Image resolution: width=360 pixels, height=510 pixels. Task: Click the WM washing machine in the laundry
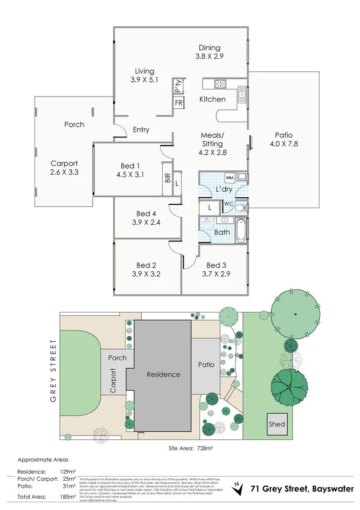pos(229,177)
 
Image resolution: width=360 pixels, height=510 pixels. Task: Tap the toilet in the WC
pos(242,207)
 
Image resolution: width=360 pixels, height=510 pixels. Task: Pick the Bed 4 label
pos(146,214)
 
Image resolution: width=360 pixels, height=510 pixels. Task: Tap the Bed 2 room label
pos(146,265)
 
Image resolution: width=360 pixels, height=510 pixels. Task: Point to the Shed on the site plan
pos(276,424)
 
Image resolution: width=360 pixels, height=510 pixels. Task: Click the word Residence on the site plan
pos(164,374)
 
